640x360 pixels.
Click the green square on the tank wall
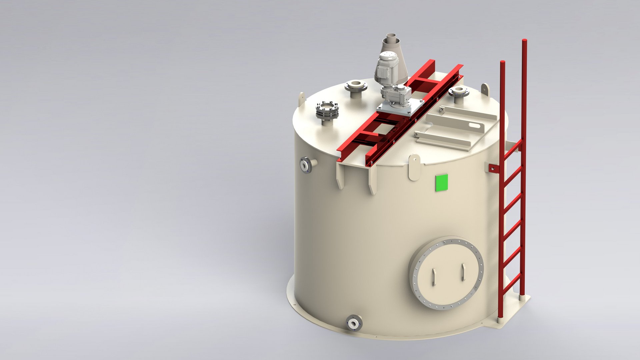(x=441, y=183)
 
